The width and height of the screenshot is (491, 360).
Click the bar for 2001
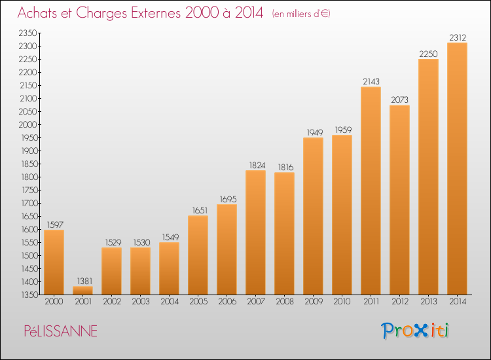coord(82,291)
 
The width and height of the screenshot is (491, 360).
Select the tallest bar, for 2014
coord(457,169)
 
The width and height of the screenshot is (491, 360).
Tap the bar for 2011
coord(371,191)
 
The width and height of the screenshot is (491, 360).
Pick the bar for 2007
coord(255,232)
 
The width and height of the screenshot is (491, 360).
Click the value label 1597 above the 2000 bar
coord(55,225)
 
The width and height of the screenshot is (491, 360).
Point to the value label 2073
coord(399,100)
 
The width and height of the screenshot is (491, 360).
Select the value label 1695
coord(228,200)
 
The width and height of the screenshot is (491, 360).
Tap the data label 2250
coord(428,54)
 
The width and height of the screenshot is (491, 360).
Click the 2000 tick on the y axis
coord(27,124)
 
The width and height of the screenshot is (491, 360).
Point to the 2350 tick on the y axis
coord(27,33)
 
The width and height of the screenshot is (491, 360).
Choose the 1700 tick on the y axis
coord(29,203)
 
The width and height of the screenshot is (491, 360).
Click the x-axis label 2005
coord(198,302)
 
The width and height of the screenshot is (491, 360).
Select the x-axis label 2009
coord(314,302)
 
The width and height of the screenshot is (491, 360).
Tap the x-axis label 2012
coord(400,302)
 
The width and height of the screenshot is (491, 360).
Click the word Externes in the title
coord(156,13)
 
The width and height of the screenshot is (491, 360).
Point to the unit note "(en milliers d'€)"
coord(301,14)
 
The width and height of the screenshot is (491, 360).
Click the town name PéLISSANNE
coord(61,331)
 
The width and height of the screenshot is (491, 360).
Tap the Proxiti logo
coord(415,331)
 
